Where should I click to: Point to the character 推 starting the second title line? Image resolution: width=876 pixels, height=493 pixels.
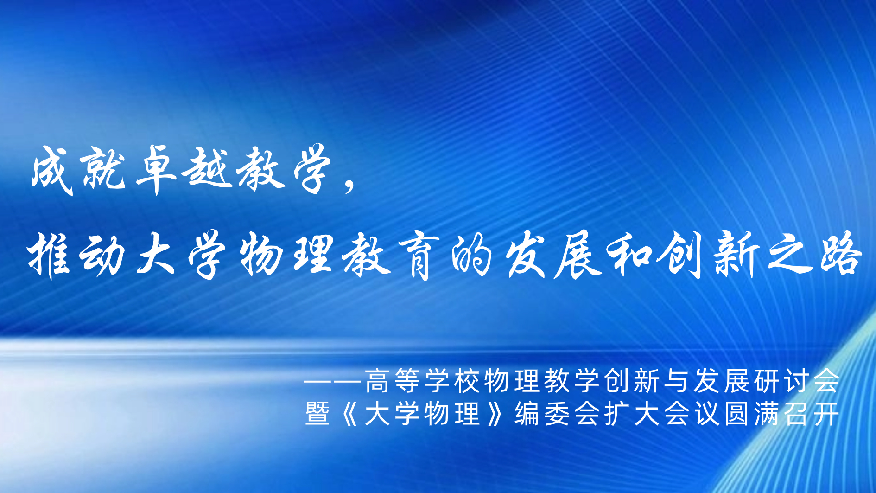49,255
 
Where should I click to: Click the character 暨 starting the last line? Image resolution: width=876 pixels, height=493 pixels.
317,413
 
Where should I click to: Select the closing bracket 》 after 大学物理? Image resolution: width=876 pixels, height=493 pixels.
495,413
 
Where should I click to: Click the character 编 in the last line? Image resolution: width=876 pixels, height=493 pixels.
527,413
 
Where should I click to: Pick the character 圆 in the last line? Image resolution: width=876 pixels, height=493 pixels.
736,413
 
